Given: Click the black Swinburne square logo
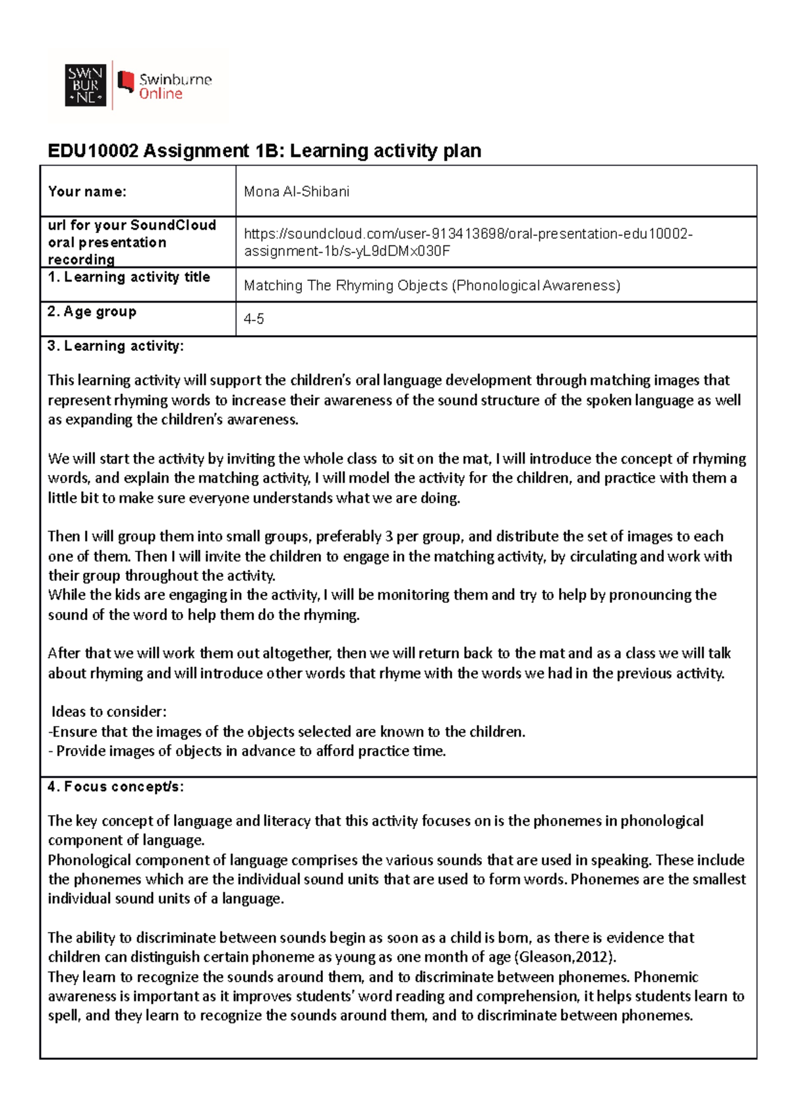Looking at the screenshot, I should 85,85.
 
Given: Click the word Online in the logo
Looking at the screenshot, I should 160,94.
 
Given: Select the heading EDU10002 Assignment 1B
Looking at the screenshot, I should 264,151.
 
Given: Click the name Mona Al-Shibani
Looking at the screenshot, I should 296,192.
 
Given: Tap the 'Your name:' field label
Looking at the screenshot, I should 87,192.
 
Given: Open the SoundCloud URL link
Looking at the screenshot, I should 467,242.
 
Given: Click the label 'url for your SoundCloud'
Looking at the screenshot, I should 132,226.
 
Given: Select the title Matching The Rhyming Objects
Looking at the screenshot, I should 346,286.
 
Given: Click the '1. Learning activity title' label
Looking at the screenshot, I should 129,277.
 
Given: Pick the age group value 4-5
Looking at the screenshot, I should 254,319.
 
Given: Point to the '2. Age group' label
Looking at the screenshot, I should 92,311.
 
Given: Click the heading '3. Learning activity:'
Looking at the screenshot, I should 115,346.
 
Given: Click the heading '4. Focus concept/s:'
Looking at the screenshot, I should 115,787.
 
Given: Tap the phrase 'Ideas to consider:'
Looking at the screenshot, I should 109,712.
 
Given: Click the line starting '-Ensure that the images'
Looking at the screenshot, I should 287,731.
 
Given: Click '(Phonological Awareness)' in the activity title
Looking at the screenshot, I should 536,286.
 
